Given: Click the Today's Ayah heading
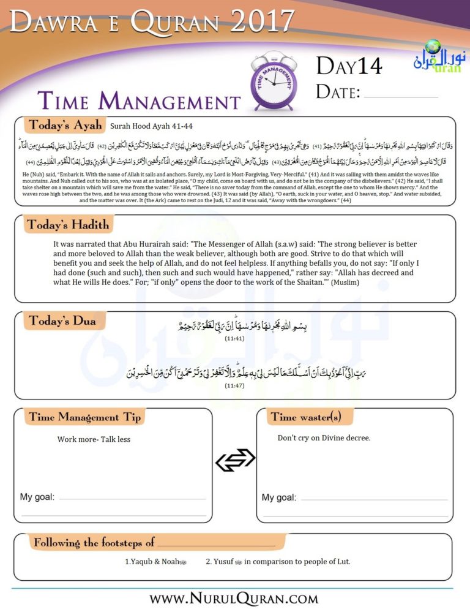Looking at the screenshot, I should [x=65, y=126].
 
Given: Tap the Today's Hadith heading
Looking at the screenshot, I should [x=68, y=225].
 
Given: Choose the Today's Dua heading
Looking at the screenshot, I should [x=62, y=320].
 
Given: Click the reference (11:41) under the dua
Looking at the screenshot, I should [x=234, y=337].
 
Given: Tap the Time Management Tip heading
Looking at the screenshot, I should [x=84, y=417].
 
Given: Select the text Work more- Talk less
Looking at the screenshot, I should [x=94, y=439].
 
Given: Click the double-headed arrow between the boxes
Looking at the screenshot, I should [x=234, y=460].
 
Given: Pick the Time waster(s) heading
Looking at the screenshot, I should [x=305, y=417].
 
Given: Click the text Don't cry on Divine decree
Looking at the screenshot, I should [x=324, y=438].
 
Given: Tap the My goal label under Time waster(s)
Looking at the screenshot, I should [x=279, y=497].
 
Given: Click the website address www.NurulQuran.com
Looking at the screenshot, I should [x=234, y=597].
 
